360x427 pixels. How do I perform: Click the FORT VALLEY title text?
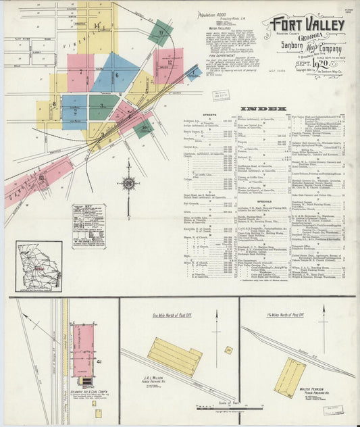pyautogui.click(x=307, y=25)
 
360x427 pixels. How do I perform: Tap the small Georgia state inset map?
pyautogui.click(x=38, y=266)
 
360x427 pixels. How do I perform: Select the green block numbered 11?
pyautogui.click(x=160, y=32)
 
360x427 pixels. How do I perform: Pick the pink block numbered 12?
pyautogui.click(x=169, y=65)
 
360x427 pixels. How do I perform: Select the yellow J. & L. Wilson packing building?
pyautogui.click(x=174, y=355)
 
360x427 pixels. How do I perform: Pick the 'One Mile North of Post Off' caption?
pyautogui.click(x=178, y=315)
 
